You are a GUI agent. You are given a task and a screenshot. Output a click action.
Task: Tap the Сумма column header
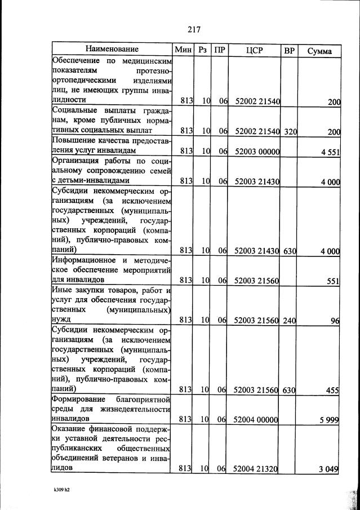tap(319, 51)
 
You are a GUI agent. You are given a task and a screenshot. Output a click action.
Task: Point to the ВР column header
tap(290, 50)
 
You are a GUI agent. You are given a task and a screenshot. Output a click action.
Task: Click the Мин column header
tap(184, 50)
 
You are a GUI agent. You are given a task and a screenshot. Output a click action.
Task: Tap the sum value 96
tap(335, 320)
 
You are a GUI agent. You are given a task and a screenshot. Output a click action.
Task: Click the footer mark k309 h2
tap(58, 490)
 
